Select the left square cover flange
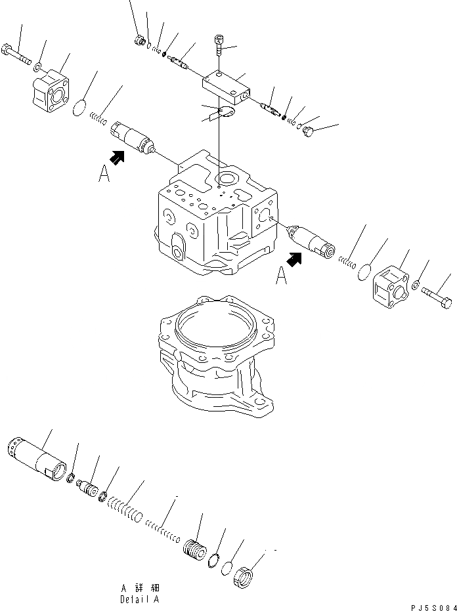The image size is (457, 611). click(51, 89)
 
